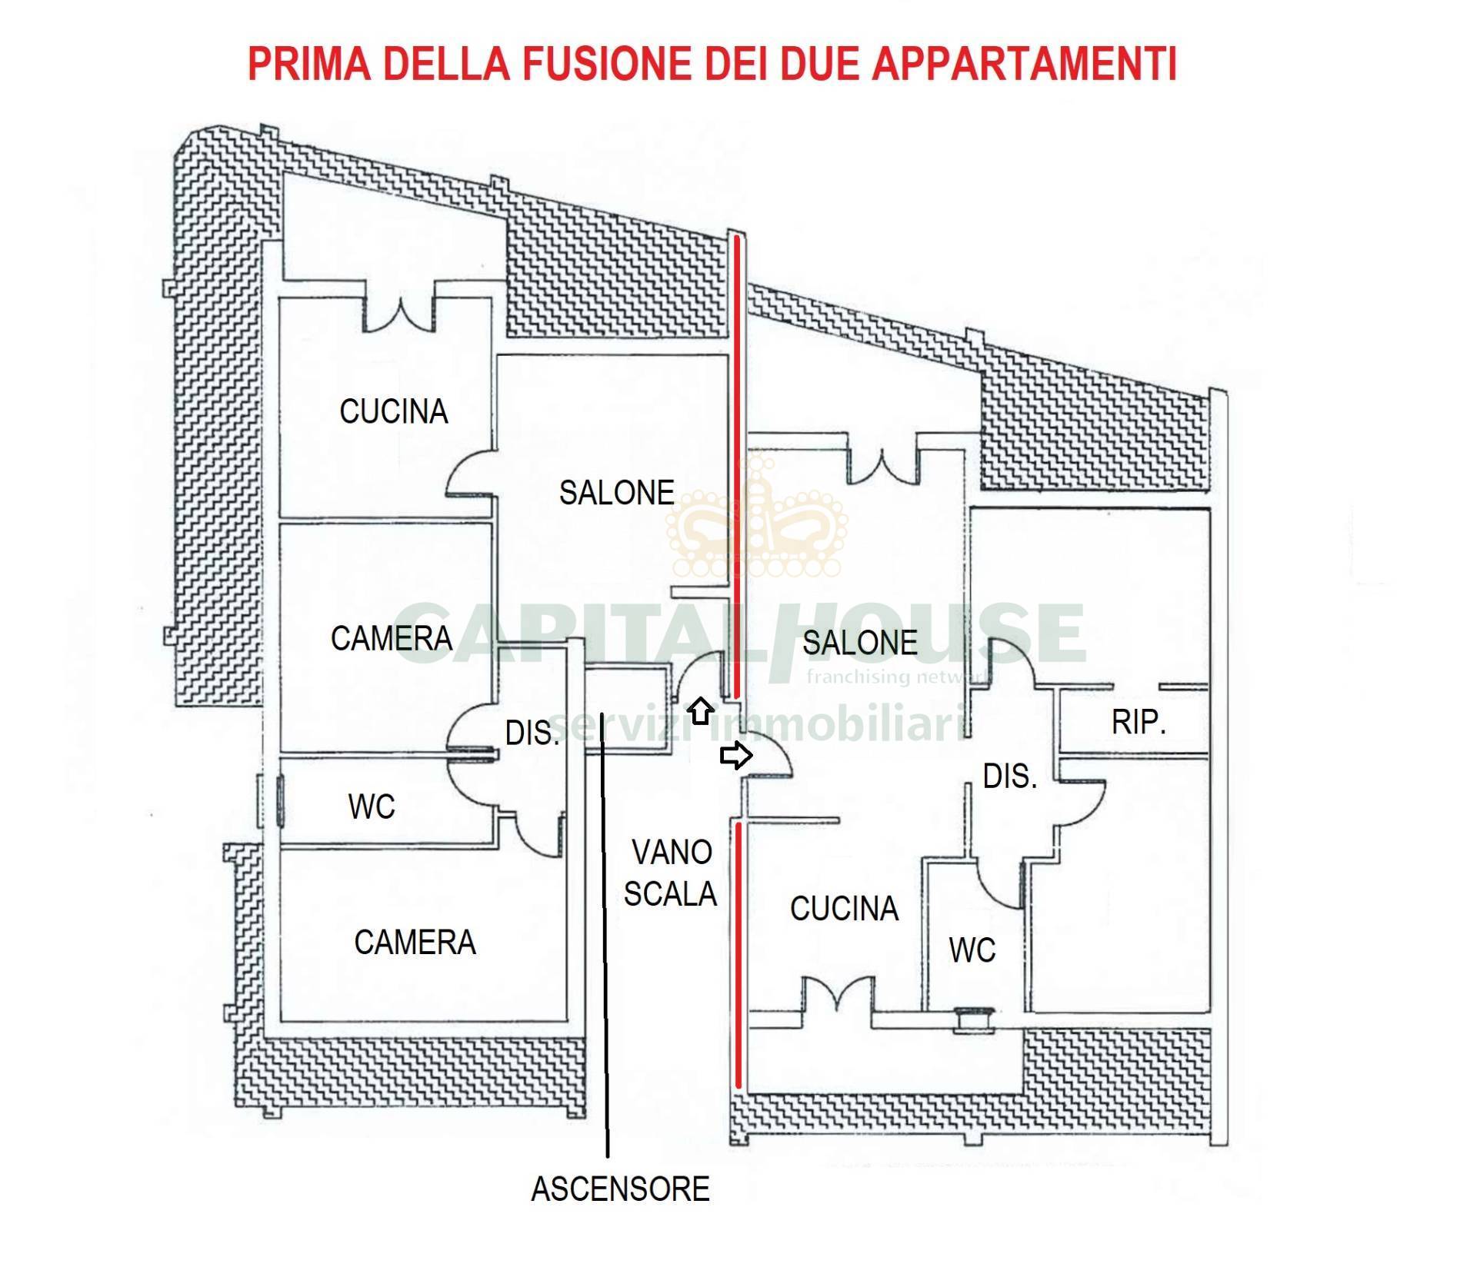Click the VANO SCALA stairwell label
pyautogui.click(x=670, y=873)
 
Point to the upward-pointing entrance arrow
pyautogui.click(x=700, y=710)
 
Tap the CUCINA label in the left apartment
pyautogui.click(x=393, y=411)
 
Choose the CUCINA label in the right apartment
pyautogui.click(x=844, y=908)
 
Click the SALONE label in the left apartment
pyautogui.click(x=616, y=492)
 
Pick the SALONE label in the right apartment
pyautogui.click(x=859, y=642)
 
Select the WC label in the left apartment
pyautogui.click(x=372, y=806)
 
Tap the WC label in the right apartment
pyautogui.click(x=972, y=950)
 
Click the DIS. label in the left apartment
pyautogui.click(x=532, y=733)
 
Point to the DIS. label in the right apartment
pyautogui.click(x=1010, y=777)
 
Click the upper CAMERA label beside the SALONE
pyautogui.click(x=391, y=638)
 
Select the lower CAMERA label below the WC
pyautogui.click(x=415, y=942)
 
